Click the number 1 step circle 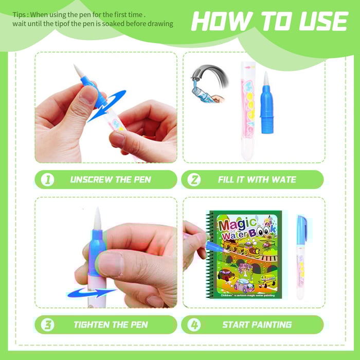pos(47,179)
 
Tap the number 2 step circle pos(194,179)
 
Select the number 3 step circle pos(47,325)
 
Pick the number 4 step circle pos(194,325)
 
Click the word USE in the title pos(324,21)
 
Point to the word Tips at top pos(20,15)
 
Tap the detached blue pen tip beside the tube pos(267,103)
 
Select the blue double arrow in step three pos(92,293)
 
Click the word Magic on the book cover pos(237,225)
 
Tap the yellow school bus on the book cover pos(268,281)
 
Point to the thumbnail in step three pos(111,264)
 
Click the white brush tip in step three pos(97,218)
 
